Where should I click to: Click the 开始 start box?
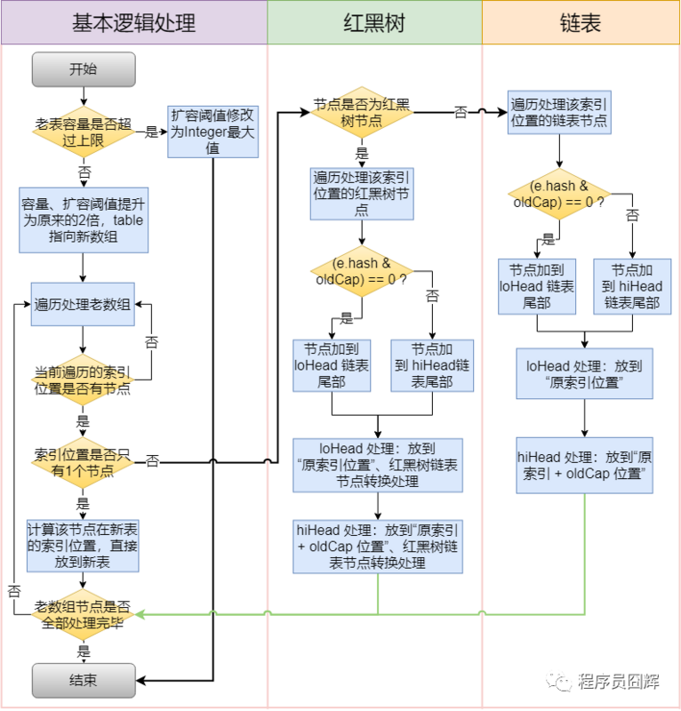pyautogui.click(x=84, y=69)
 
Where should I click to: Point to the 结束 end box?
pyautogui.click(x=84, y=682)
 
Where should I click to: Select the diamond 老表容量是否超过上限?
pyautogui.click(x=83, y=132)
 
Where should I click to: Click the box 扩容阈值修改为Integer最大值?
pyautogui.click(x=213, y=132)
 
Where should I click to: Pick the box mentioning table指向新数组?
pyautogui.click(x=83, y=220)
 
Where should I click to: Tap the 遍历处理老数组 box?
pyautogui.click(x=83, y=305)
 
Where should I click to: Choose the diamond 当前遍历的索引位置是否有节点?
pyautogui.click(x=83, y=379)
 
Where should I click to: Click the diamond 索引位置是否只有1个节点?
pyautogui.click(x=83, y=461)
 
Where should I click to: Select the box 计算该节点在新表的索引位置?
pyautogui.click(x=83, y=546)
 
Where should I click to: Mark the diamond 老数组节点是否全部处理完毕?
pyautogui.click(x=83, y=614)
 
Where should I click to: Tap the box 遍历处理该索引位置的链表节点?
pyautogui.click(x=559, y=113)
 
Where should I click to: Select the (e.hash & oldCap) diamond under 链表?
pyautogui.click(x=559, y=194)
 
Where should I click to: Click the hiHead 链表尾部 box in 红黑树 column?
pyautogui.click(x=432, y=365)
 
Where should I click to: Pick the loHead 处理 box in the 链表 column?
pyautogui.click(x=584, y=373)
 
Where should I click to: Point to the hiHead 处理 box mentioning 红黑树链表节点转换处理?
pyautogui.click(x=378, y=546)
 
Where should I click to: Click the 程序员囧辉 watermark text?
pyautogui.click(x=618, y=682)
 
